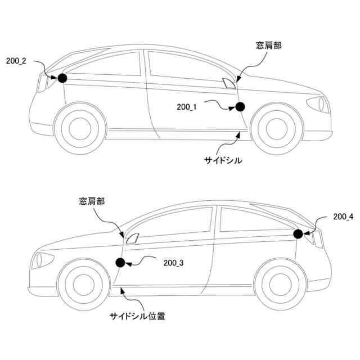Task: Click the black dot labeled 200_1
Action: [240, 107]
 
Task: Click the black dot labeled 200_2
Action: [62, 78]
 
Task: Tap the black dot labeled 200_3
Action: [120, 262]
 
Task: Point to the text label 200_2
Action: [16, 61]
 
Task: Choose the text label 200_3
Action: [173, 262]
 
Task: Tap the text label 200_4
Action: [343, 216]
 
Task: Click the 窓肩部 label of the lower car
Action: [92, 200]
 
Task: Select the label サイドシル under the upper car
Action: [223, 160]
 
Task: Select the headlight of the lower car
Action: [42, 260]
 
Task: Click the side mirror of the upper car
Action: [228, 84]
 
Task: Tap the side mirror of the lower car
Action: [132, 237]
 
